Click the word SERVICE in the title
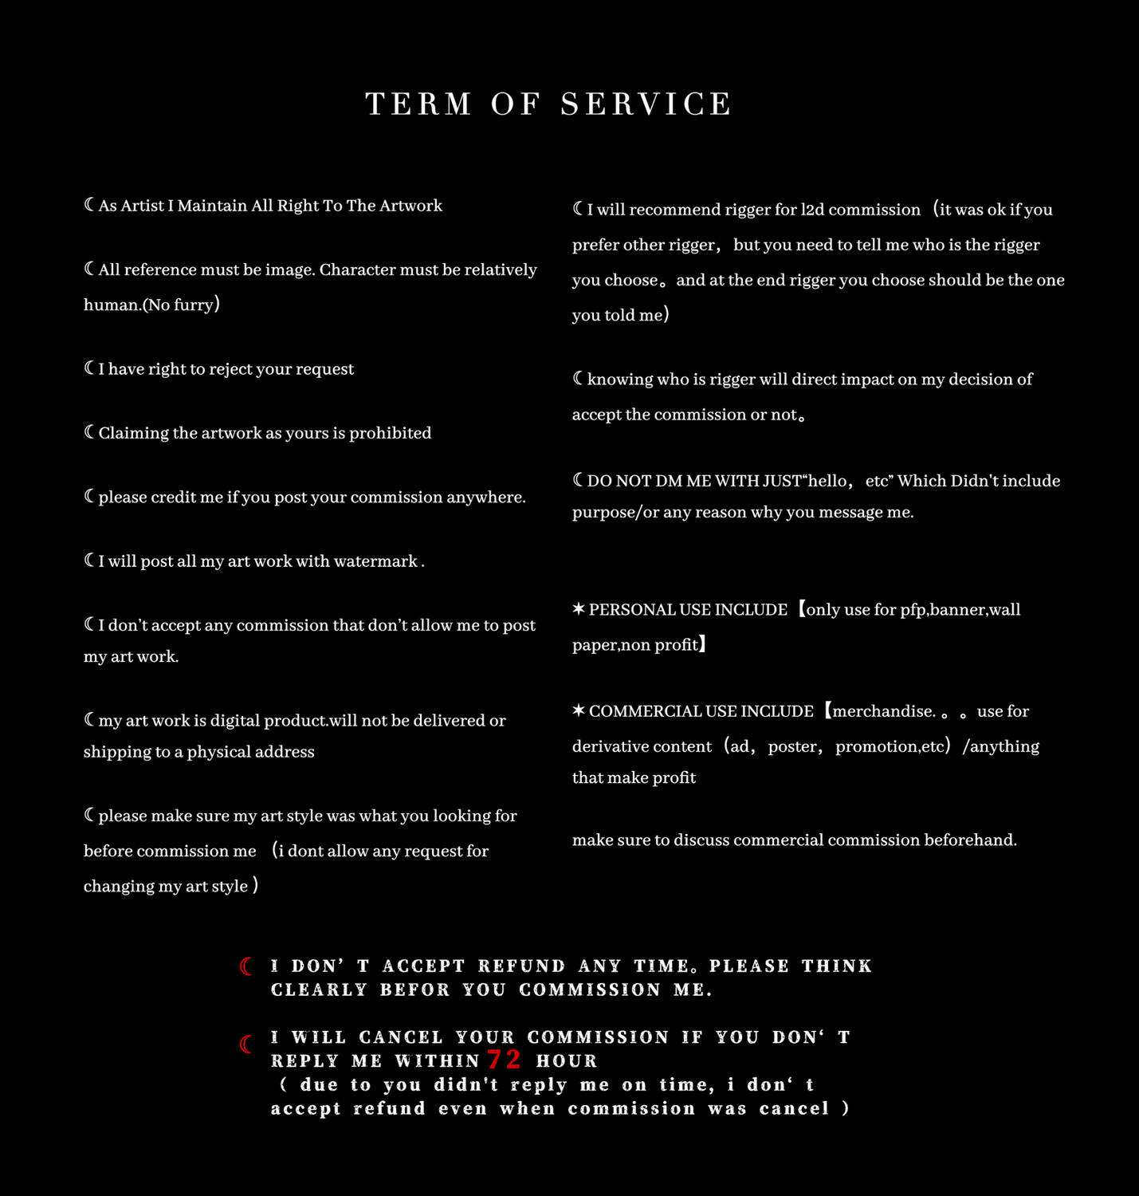(x=646, y=104)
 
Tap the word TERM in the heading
(x=418, y=104)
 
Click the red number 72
(x=504, y=1060)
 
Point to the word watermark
(x=375, y=561)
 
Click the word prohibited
(x=390, y=433)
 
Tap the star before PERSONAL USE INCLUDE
(x=579, y=610)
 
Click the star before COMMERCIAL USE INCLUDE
(x=579, y=711)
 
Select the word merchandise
(x=883, y=711)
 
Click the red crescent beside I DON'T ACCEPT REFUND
(x=246, y=966)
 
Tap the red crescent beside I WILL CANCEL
(x=246, y=1044)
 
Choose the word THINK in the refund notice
(x=837, y=966)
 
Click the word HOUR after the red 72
(x=567, y=1061)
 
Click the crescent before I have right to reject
(x=89, y=368)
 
